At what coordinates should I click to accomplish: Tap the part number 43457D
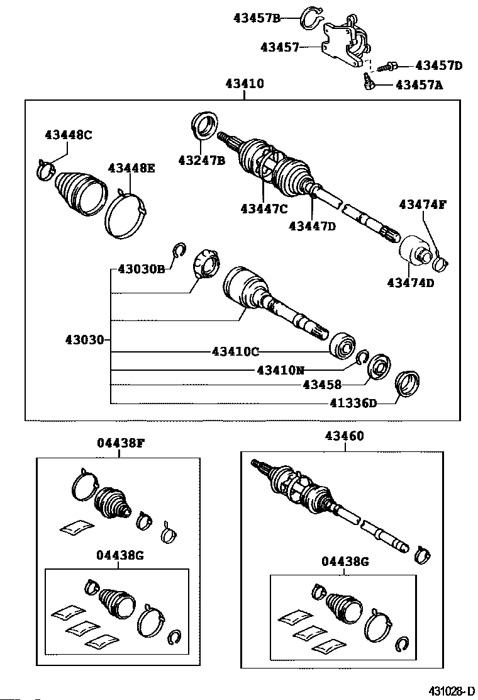tap(438, 65)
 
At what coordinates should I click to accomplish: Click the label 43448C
tap(69, 134)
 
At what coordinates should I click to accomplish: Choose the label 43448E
tap(131, 168)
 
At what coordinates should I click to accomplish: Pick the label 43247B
tap(201, 160)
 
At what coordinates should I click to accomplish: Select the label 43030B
tap(142, 269)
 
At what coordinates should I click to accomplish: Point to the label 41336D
tap(353, 403)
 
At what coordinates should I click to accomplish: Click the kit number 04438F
tap(121, 443)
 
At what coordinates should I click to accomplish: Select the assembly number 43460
tap(344, 436)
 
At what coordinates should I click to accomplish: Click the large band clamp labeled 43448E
tap(126, 215)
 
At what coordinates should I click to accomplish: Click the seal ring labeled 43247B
tap(204, 125)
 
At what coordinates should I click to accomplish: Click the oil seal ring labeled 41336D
tap(406, 384)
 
